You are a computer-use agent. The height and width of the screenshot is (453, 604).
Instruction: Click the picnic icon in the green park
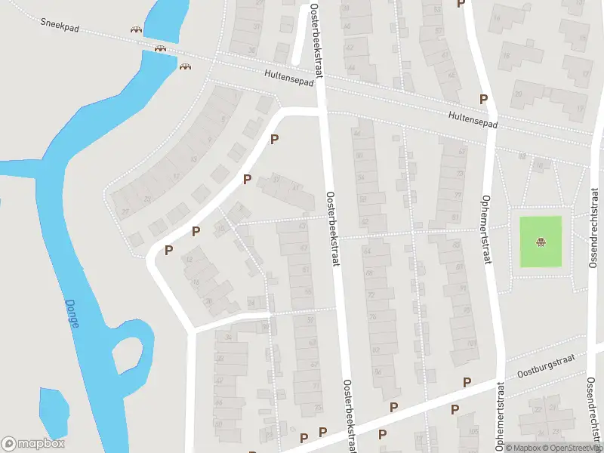click(541, 242)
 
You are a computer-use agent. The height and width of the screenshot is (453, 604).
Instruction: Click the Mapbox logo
click(33, 444)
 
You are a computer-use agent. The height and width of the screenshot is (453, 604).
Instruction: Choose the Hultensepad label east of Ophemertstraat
click(473, 120)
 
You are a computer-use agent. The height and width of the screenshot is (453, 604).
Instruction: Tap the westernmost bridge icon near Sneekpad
click(136, 30)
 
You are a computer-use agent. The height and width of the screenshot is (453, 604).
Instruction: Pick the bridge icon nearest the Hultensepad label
click(185, 66)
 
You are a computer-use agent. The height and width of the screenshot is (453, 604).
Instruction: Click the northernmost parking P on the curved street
click(275, 139)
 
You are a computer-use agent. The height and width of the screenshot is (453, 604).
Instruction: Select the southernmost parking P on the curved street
click(169, 250)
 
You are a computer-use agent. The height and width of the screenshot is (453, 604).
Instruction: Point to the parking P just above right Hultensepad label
click(483, 99)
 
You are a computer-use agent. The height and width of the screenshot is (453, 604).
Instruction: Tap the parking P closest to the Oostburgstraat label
click(467, 382)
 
